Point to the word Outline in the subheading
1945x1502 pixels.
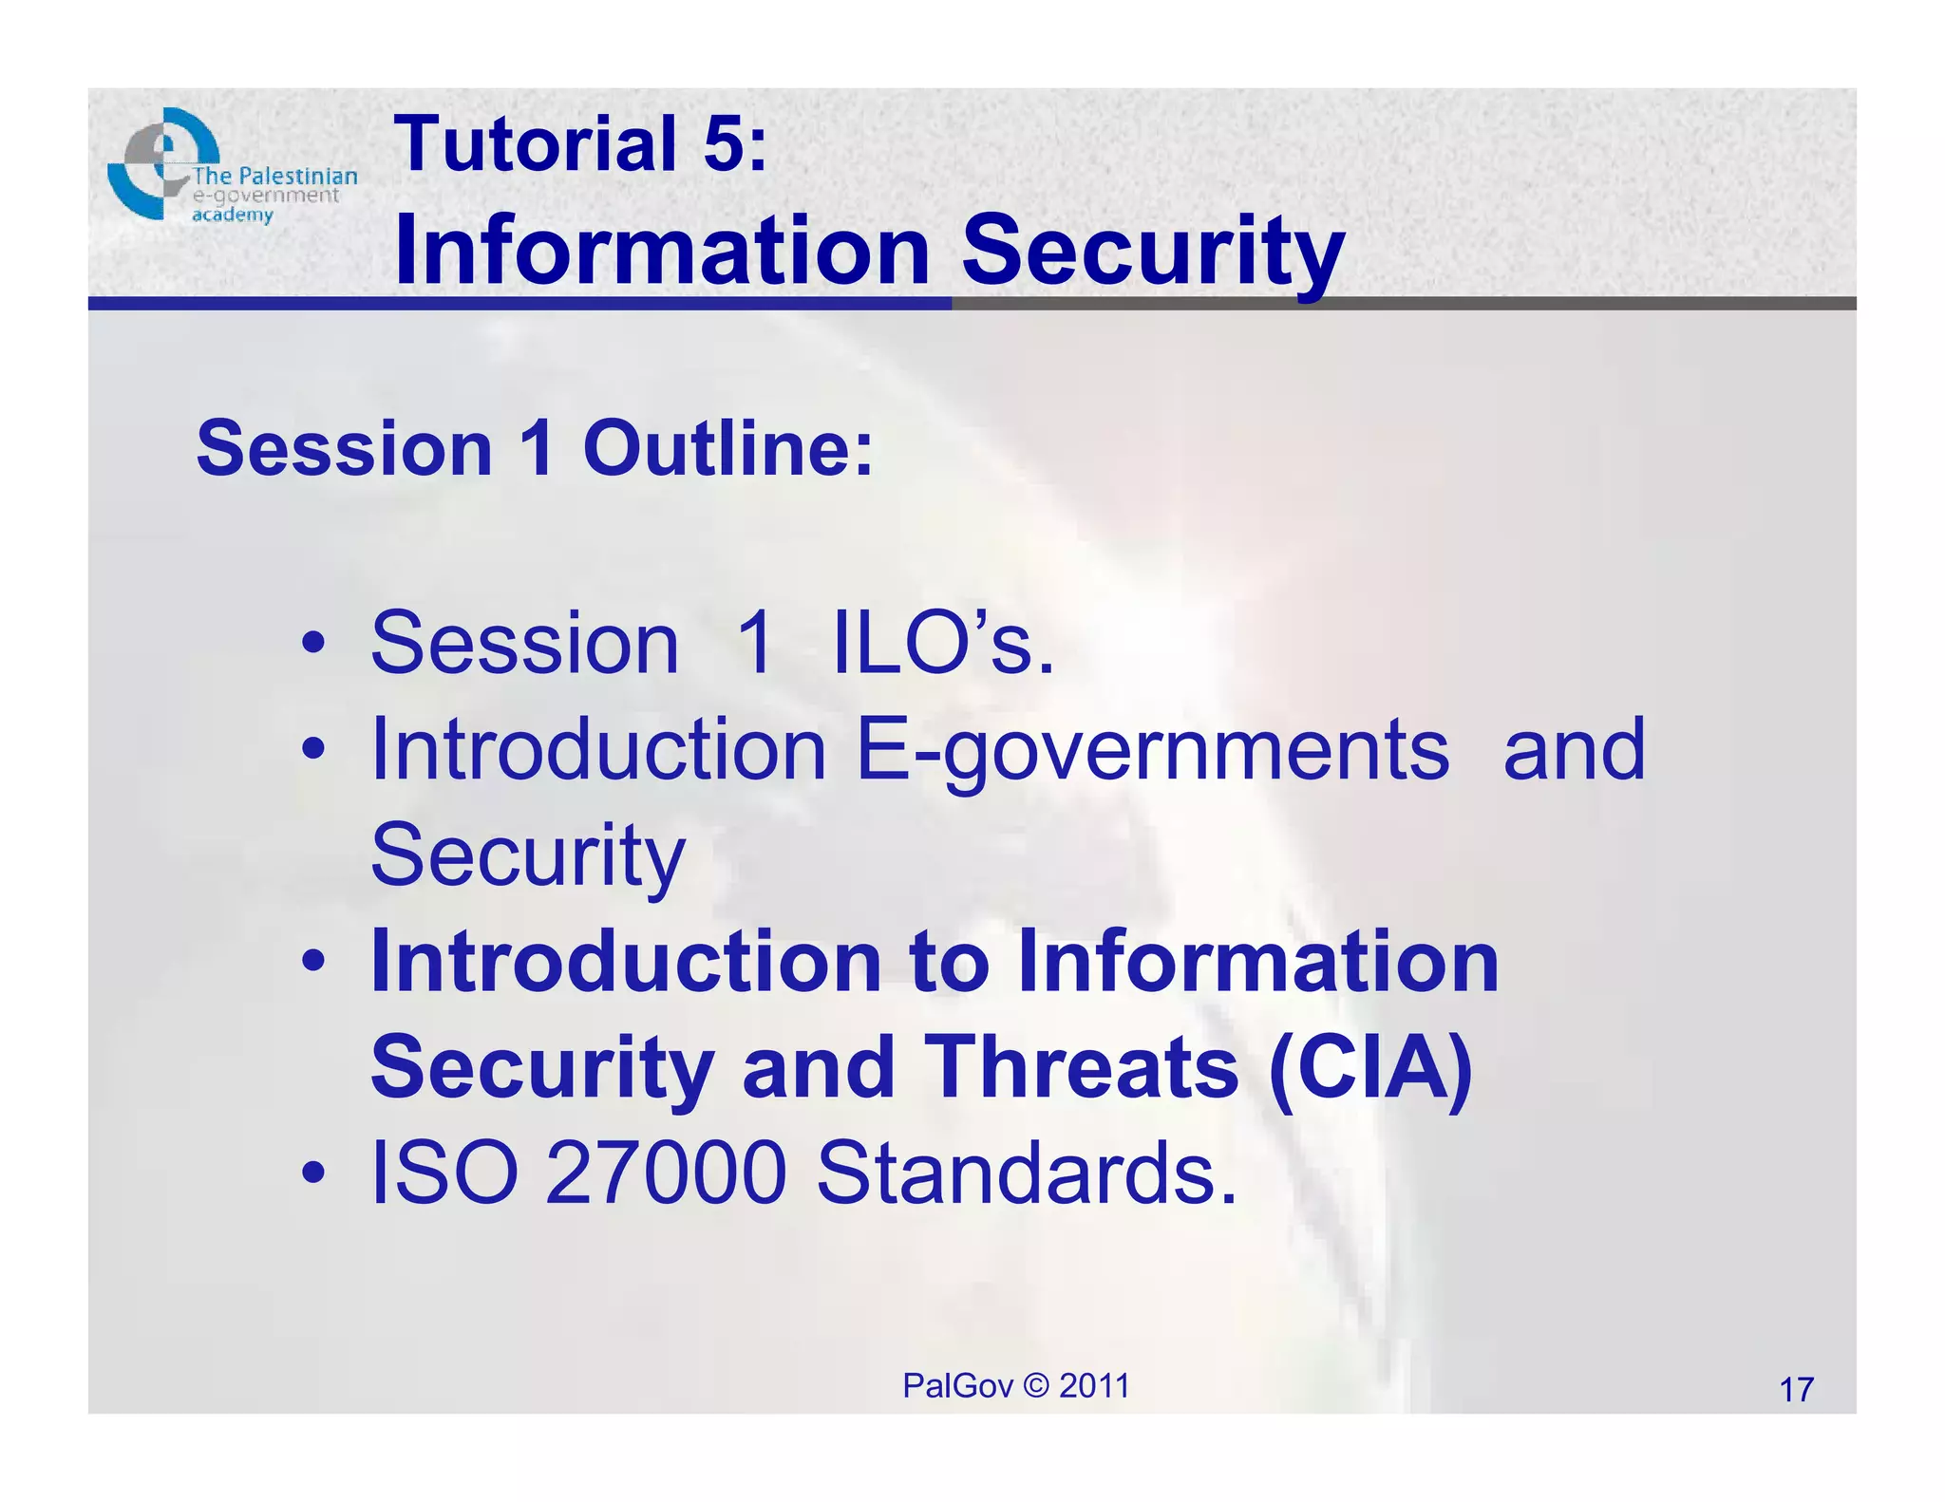[727, 448]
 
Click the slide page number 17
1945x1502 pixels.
[1796, 1390]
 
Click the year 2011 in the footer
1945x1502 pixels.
[1094, 1386]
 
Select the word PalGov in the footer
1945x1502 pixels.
[957, 1386]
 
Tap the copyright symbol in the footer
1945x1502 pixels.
[1036, 1386]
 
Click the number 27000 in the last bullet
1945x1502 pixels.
[666, 1173]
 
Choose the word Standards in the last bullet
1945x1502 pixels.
[1026, 1173]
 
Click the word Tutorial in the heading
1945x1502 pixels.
[537, 144]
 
